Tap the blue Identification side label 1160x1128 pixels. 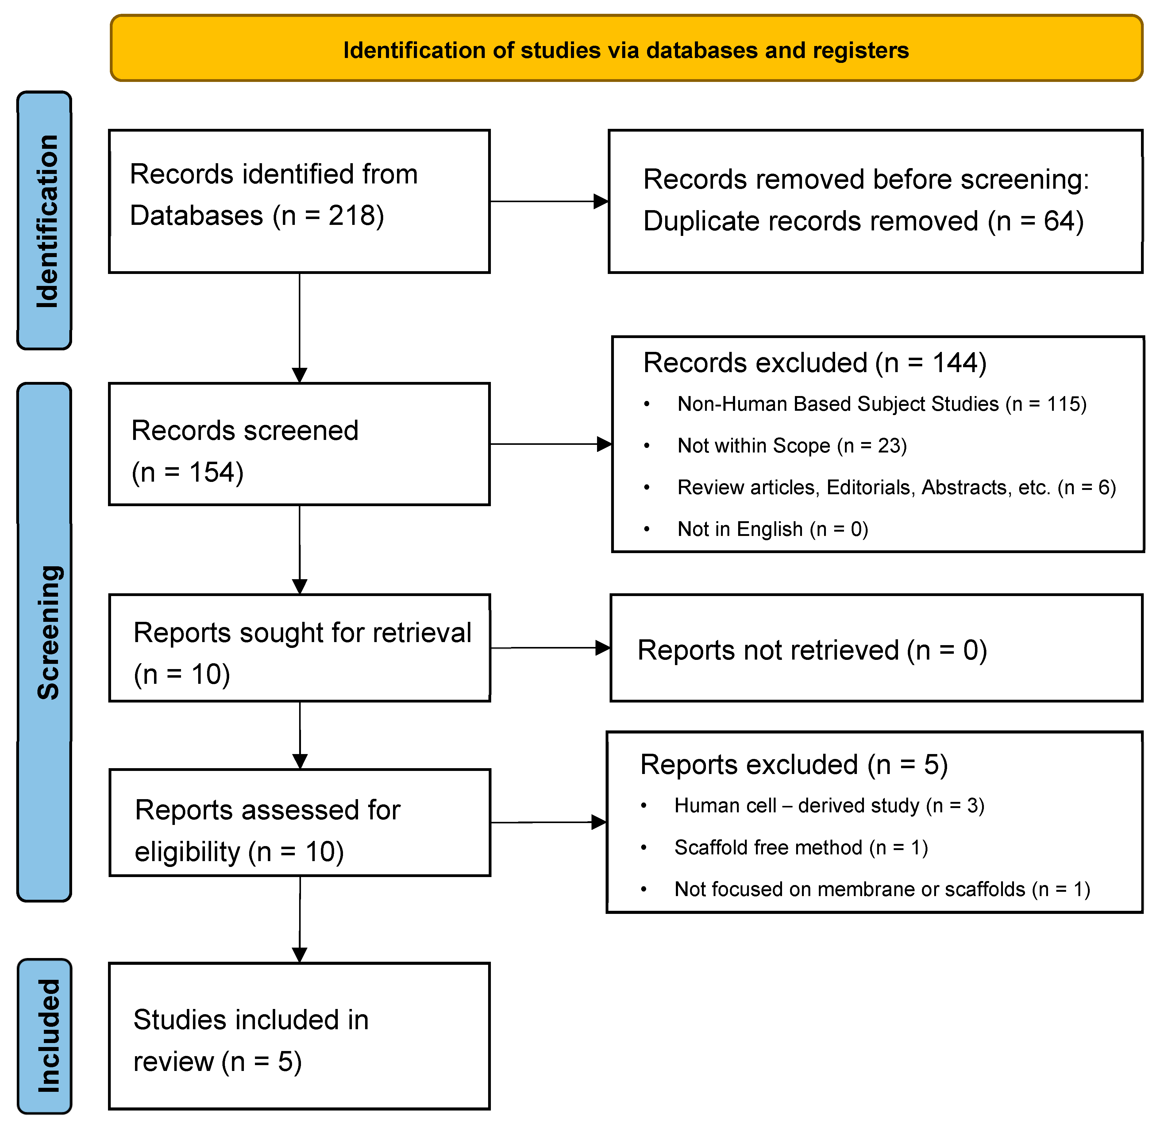(46, 221)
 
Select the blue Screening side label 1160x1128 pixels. (47, 633)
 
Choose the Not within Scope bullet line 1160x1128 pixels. (792, 445)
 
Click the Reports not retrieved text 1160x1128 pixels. (812, 650)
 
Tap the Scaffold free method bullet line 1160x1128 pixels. (800, 848)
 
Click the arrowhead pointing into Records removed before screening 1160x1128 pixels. (600, 202)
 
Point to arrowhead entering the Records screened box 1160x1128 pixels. (300, 375)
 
